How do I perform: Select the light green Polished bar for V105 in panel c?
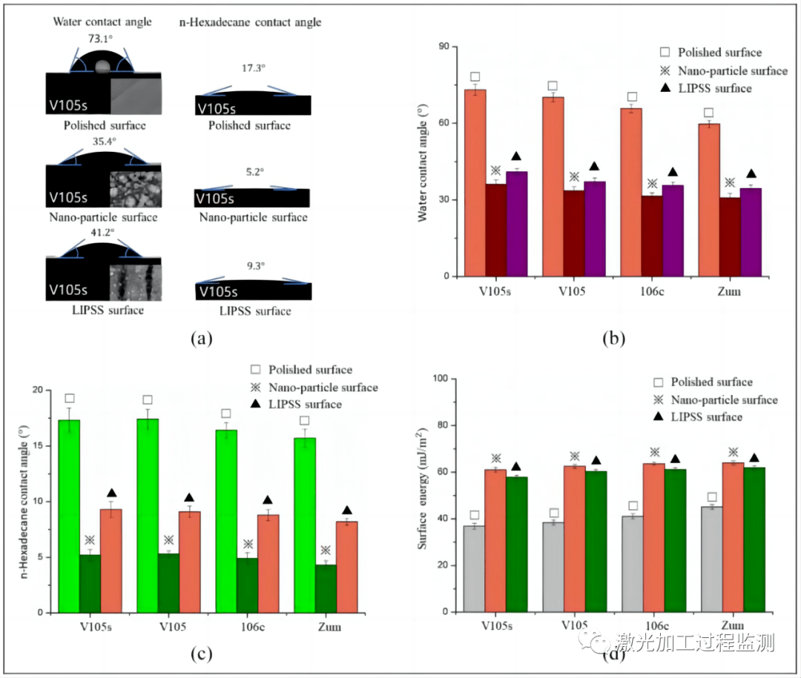click(147, 516)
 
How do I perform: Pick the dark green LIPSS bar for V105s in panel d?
click(516, 544)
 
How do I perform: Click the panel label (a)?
click(202, 340)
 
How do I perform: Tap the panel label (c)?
click(202, 654)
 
